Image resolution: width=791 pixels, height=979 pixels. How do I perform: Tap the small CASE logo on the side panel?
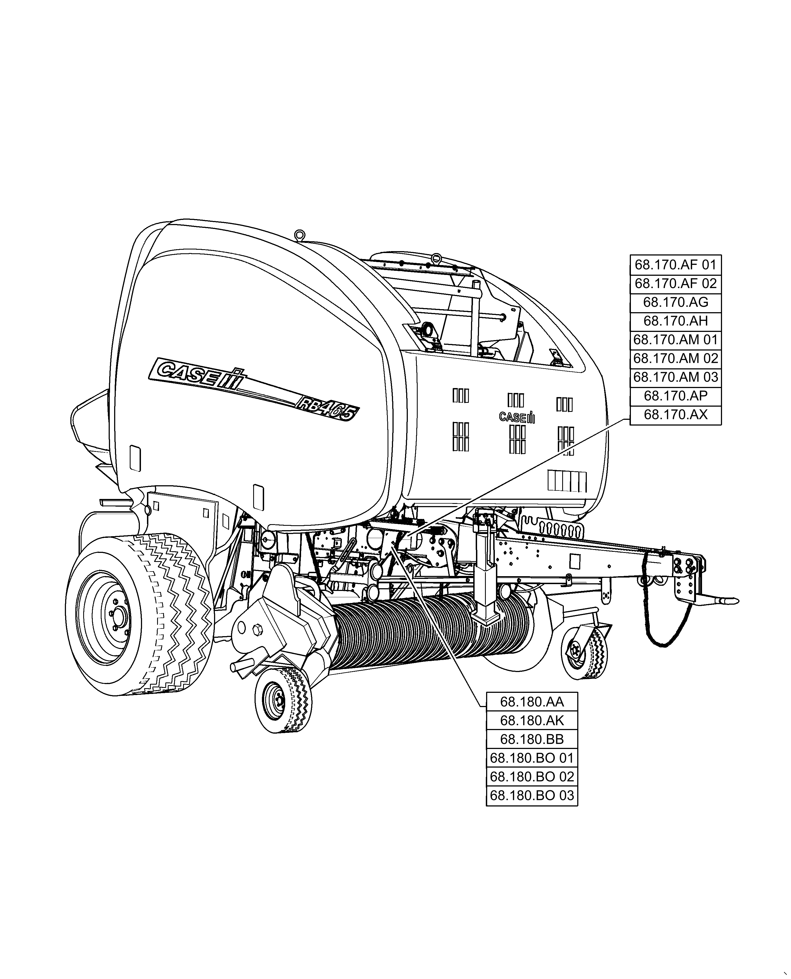(x=516, y=417)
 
